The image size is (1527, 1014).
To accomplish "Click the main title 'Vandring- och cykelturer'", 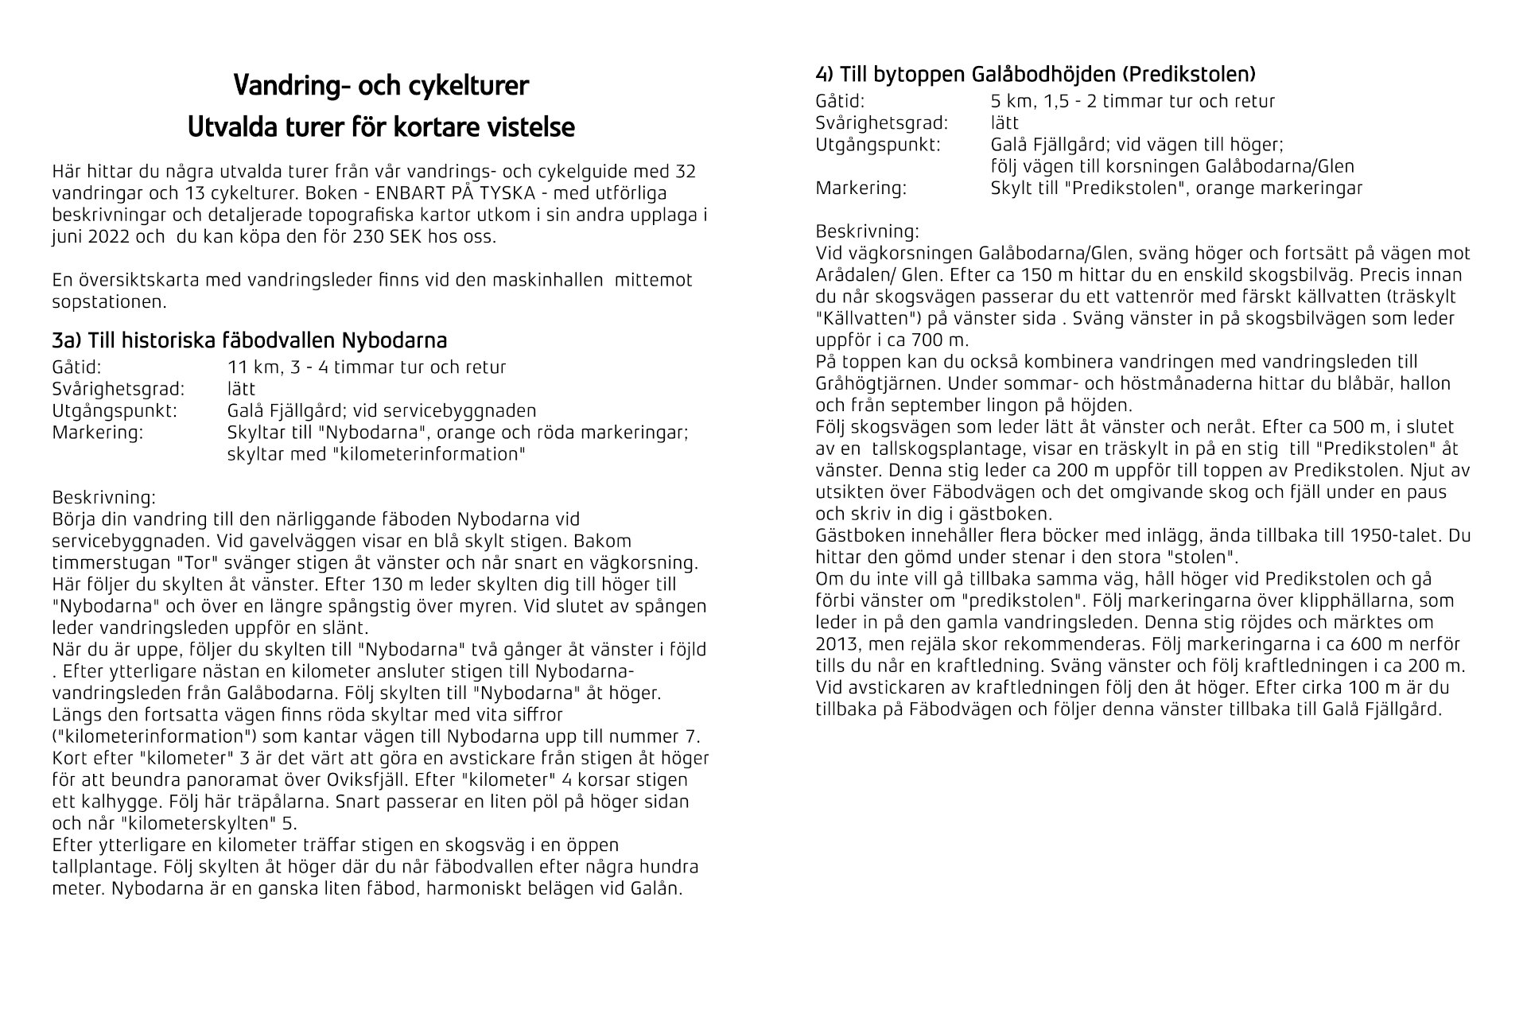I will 381,86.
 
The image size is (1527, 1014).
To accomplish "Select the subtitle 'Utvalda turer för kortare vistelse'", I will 381,127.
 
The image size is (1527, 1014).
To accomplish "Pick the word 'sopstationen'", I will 109,302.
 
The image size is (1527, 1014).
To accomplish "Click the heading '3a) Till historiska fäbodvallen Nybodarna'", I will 249,341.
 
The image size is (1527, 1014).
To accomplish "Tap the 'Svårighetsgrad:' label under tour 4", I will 881,123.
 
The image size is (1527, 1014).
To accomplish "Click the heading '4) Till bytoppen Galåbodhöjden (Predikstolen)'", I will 1035,75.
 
